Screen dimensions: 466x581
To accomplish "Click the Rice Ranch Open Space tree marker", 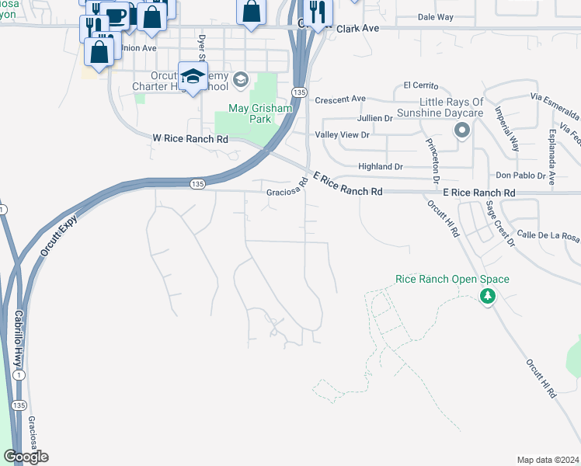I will tap(487, 296).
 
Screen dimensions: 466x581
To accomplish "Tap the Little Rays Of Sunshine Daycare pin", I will tap(462, 130).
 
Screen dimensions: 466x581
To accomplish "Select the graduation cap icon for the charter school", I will tap(192, 76).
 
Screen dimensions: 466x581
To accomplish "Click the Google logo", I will tap(25, 457).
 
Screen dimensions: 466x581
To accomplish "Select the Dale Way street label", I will tap(435, 16).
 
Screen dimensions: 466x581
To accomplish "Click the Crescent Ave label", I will tap(339, 99).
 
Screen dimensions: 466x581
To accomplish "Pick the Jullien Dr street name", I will tap(374, 118).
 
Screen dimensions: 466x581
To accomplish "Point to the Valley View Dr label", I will tap(340, 134).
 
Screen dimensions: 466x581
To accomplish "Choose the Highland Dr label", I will tap(380, 166).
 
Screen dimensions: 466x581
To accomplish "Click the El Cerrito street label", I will tap(421, 85).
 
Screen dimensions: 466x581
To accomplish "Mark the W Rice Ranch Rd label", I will tap(190, 138).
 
